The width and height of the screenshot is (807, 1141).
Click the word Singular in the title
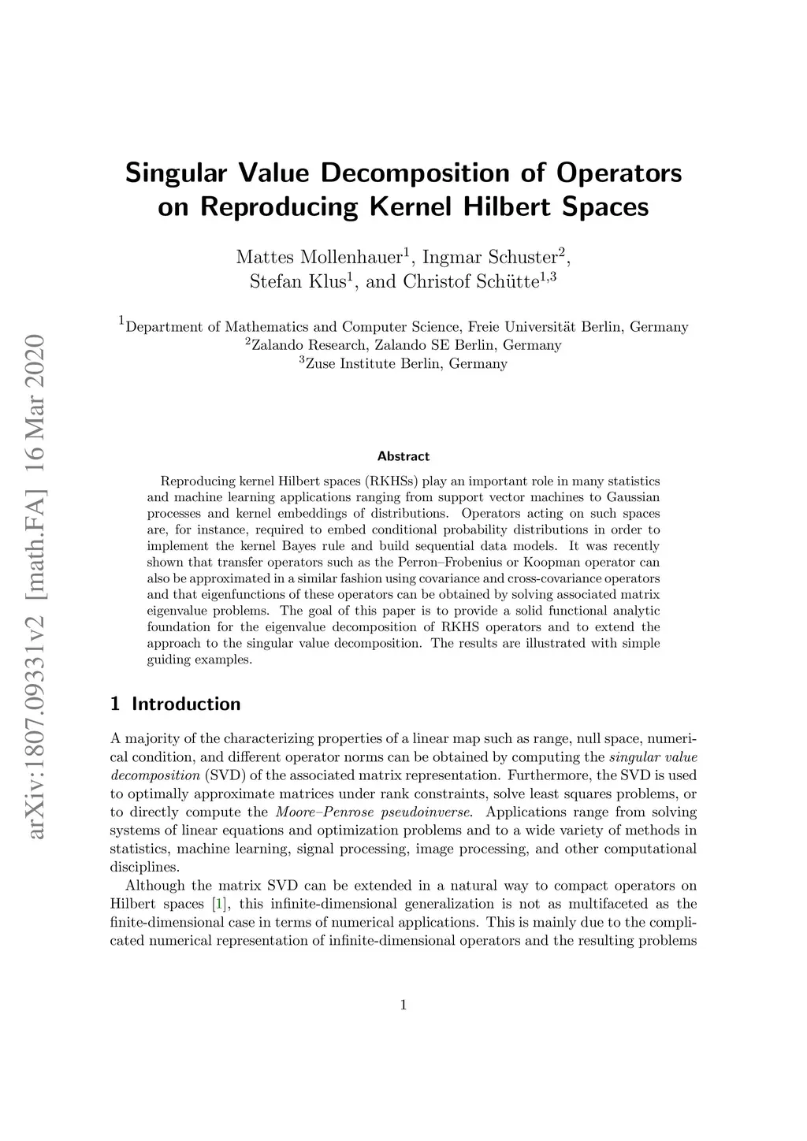click(176, 172)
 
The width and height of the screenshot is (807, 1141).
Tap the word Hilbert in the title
click(502, 206)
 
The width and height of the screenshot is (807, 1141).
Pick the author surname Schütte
click(507, 281)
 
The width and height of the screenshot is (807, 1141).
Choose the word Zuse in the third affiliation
click(321, 364)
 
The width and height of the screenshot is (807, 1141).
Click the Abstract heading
click(403, 456)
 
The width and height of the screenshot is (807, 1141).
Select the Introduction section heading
click(186, 704)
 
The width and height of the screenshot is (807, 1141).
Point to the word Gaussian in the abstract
click(633, 497)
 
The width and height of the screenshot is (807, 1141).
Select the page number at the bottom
click(403, 1005)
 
